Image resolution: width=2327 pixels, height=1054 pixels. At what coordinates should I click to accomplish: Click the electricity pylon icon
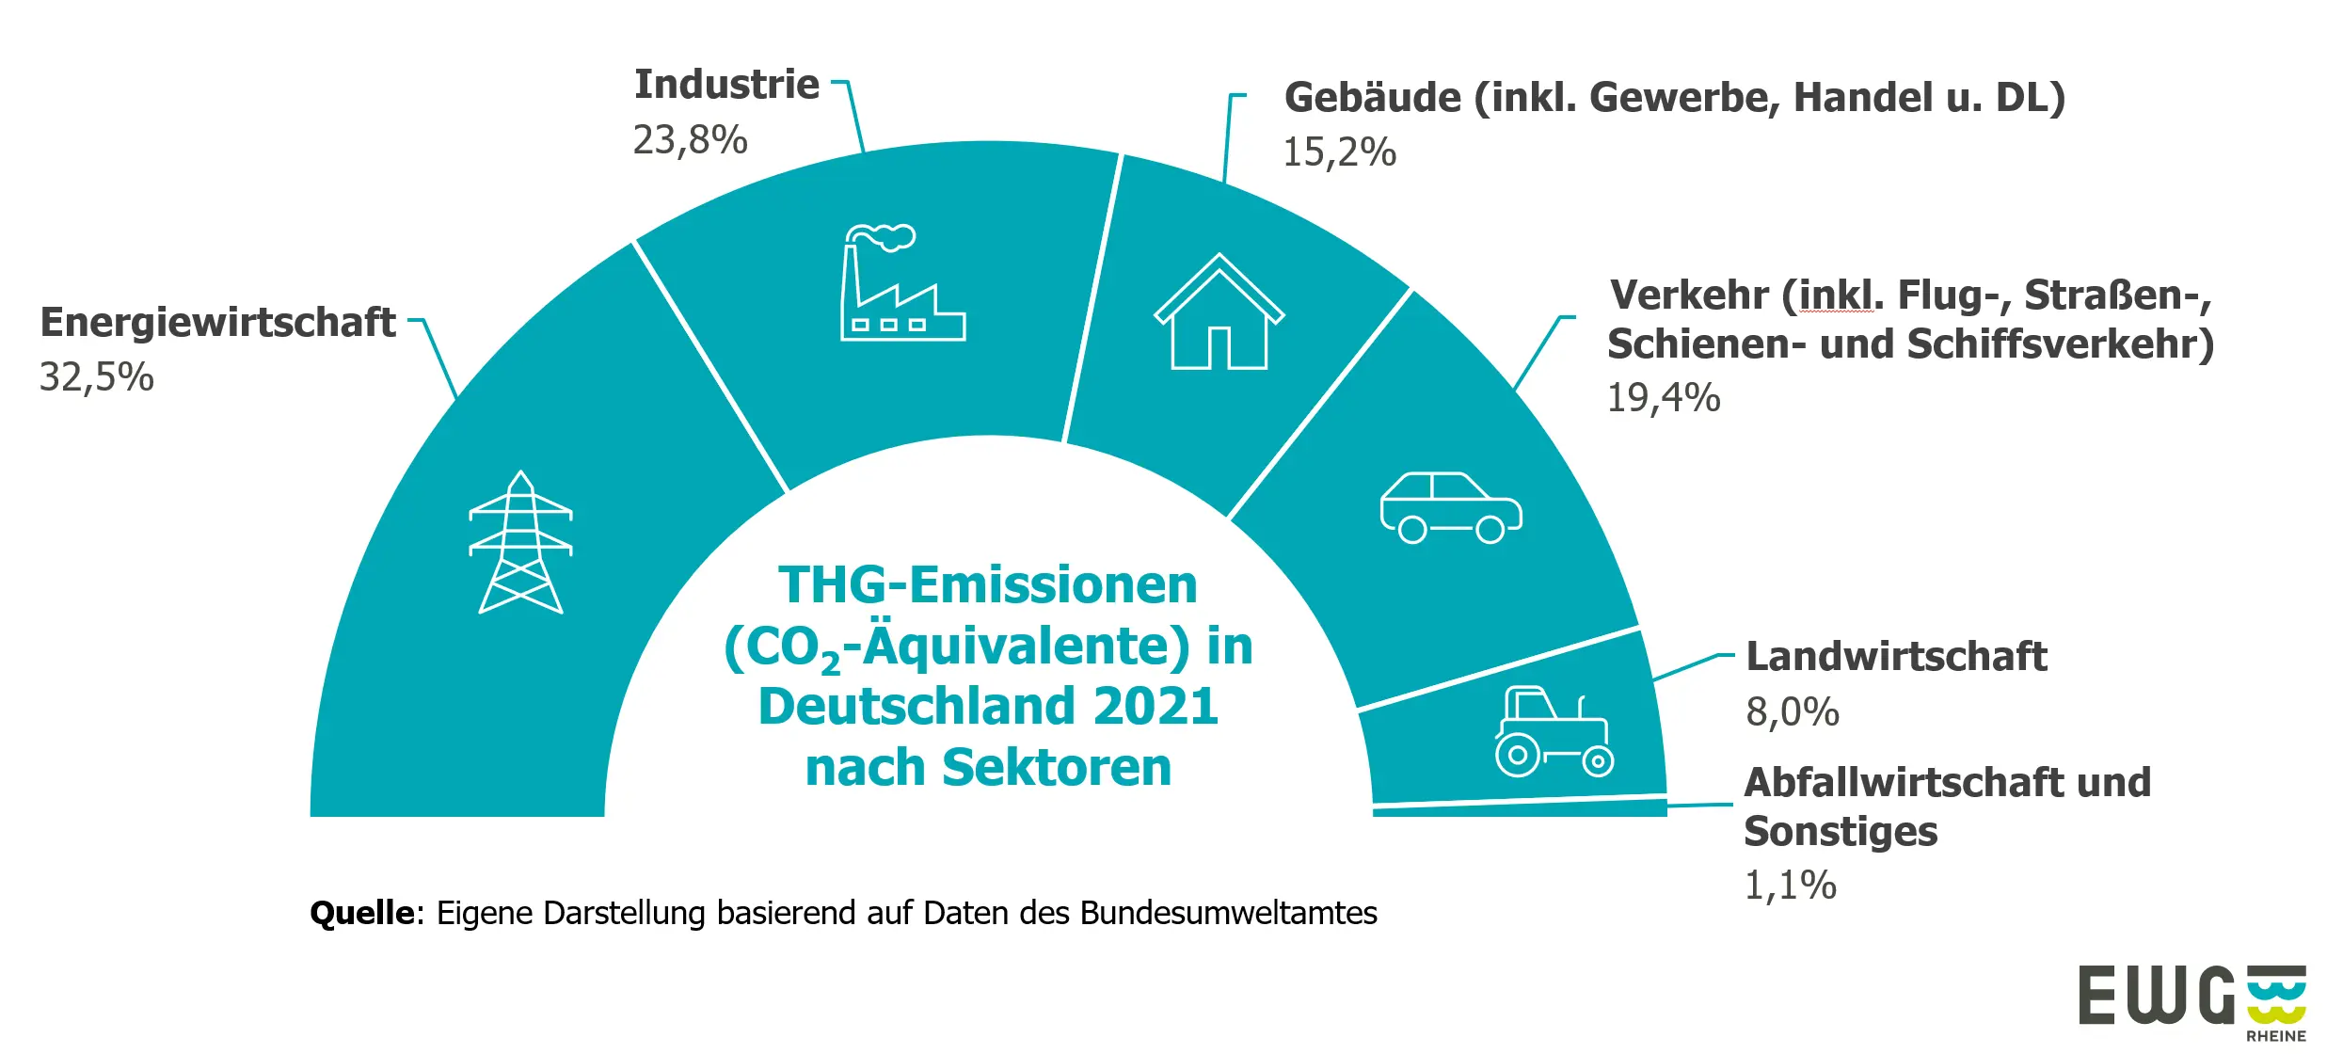point(520,543)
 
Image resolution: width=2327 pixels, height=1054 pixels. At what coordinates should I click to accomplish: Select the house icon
point(1219,312)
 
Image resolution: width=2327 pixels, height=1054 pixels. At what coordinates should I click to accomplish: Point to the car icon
point(1450,508)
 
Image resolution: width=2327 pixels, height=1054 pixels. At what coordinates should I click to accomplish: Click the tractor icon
point(1554,732)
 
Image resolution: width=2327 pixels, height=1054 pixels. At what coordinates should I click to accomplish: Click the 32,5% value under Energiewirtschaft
point(96,377)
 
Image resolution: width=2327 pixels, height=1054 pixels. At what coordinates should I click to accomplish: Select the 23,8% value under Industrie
point(690,140)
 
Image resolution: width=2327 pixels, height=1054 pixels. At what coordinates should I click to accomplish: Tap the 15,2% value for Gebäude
point(1339,152)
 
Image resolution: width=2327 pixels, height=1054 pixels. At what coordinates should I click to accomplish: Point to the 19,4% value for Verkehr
point(1663,398)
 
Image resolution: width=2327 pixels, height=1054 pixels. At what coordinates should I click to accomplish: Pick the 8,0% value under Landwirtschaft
point(1792,712)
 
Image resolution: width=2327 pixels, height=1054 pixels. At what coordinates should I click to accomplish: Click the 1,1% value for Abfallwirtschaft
point(1790,886)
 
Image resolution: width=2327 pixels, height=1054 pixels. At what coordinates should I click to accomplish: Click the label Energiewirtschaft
point(217,323)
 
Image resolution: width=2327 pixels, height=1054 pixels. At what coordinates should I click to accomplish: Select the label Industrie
point(726,85)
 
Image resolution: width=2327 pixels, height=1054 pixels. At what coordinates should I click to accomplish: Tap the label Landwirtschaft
point(1895,657)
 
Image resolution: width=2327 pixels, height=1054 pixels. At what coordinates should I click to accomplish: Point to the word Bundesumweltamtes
point(1228,913)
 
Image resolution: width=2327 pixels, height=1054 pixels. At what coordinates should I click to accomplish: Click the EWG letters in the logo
point(2155,995)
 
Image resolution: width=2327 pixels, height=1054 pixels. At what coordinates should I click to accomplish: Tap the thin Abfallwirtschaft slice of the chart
point(1520,808)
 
